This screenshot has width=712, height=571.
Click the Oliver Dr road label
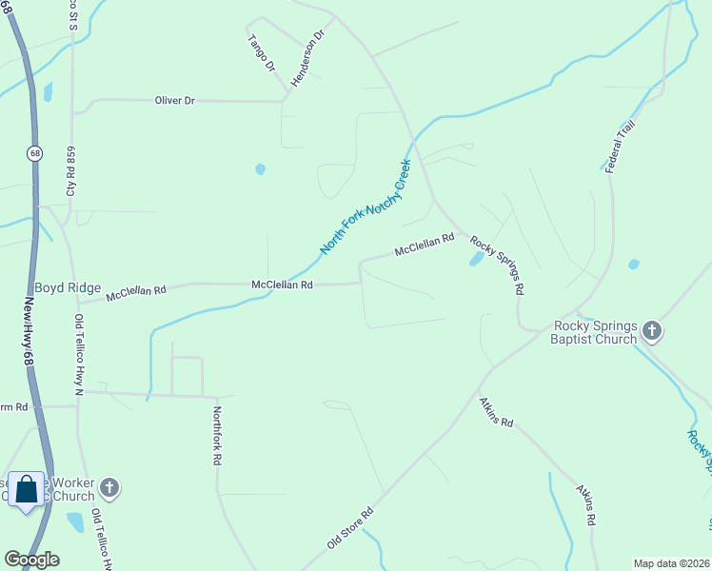[175, 100]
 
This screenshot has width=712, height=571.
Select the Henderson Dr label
[308, 58]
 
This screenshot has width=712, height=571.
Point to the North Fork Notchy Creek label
[364, 206]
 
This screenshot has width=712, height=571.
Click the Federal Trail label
[621, 147]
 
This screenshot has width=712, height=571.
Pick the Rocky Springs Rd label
[497, 264]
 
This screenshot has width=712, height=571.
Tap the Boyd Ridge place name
[68, 288]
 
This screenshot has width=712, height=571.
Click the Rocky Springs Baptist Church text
[595, 332]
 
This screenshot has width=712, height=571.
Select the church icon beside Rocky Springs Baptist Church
[652, 331]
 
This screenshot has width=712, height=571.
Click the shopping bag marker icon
[27, 489]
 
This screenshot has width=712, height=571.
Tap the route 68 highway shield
[35, 153]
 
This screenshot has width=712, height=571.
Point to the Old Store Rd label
[350, 527]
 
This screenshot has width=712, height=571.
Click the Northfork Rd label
[217, 436]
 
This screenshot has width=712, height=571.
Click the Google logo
[31, 559]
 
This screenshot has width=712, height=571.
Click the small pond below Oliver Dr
[260, 170]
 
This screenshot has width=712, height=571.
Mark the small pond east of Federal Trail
[633, 265]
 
